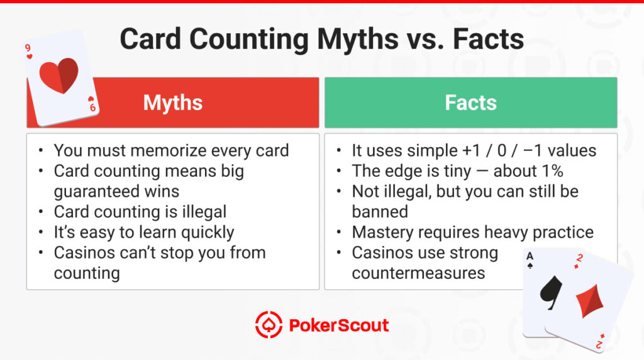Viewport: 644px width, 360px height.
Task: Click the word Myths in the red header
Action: click(173, 103)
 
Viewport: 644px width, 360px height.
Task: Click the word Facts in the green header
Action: click(470, 103)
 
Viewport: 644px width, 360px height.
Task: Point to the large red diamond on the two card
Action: click(592, 300)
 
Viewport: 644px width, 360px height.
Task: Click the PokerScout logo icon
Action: click(269, 325)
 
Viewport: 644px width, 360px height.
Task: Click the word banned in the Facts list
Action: click(380, 211)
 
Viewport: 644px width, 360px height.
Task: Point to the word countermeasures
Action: click(418, 273)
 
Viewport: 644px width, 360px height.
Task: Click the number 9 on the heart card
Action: click(28, 48)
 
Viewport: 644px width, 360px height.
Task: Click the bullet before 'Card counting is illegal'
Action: click(41, 213)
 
